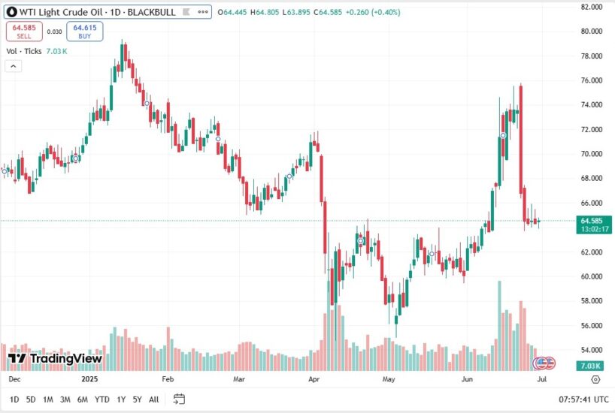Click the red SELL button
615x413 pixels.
pyautogui.click(x=25, y=32)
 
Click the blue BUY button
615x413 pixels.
pyautogui.click(x=84, y=32)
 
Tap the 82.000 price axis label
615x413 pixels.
pyautogui.click(x=592, y=7)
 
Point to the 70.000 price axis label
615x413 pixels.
pyautogui.click(x=592, y=154)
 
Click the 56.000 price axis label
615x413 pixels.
pyautogui.click(x=592, y=326)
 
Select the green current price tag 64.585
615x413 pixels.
pyautogui.click(x=590, y=221)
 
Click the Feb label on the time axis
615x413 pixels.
pyautogui.click(x=168, y=380)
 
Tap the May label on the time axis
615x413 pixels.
pyautogui.click(x=388, y=380)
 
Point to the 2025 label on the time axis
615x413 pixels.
pyautogui.click(x=91, y=380)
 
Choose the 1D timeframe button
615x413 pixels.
pyautogui.click(x=14, y=399)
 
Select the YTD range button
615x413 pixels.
pyautogui.click(x=102, y=399)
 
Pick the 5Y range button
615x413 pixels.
pyautogui.click(x=137, y=399)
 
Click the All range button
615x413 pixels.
pyautogui.click(x=153, y=399)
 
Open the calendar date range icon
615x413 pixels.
pyautogui.click(x=179, y=399)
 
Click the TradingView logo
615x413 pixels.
pyautogui.click(x=56, y=359)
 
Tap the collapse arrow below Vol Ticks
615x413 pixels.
pyautogui.click(x=14, y=66)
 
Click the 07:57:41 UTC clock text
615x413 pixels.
pyautogui.click(x=583, y=399)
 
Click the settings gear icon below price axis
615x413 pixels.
pyautogui.click(x=595, y=380)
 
